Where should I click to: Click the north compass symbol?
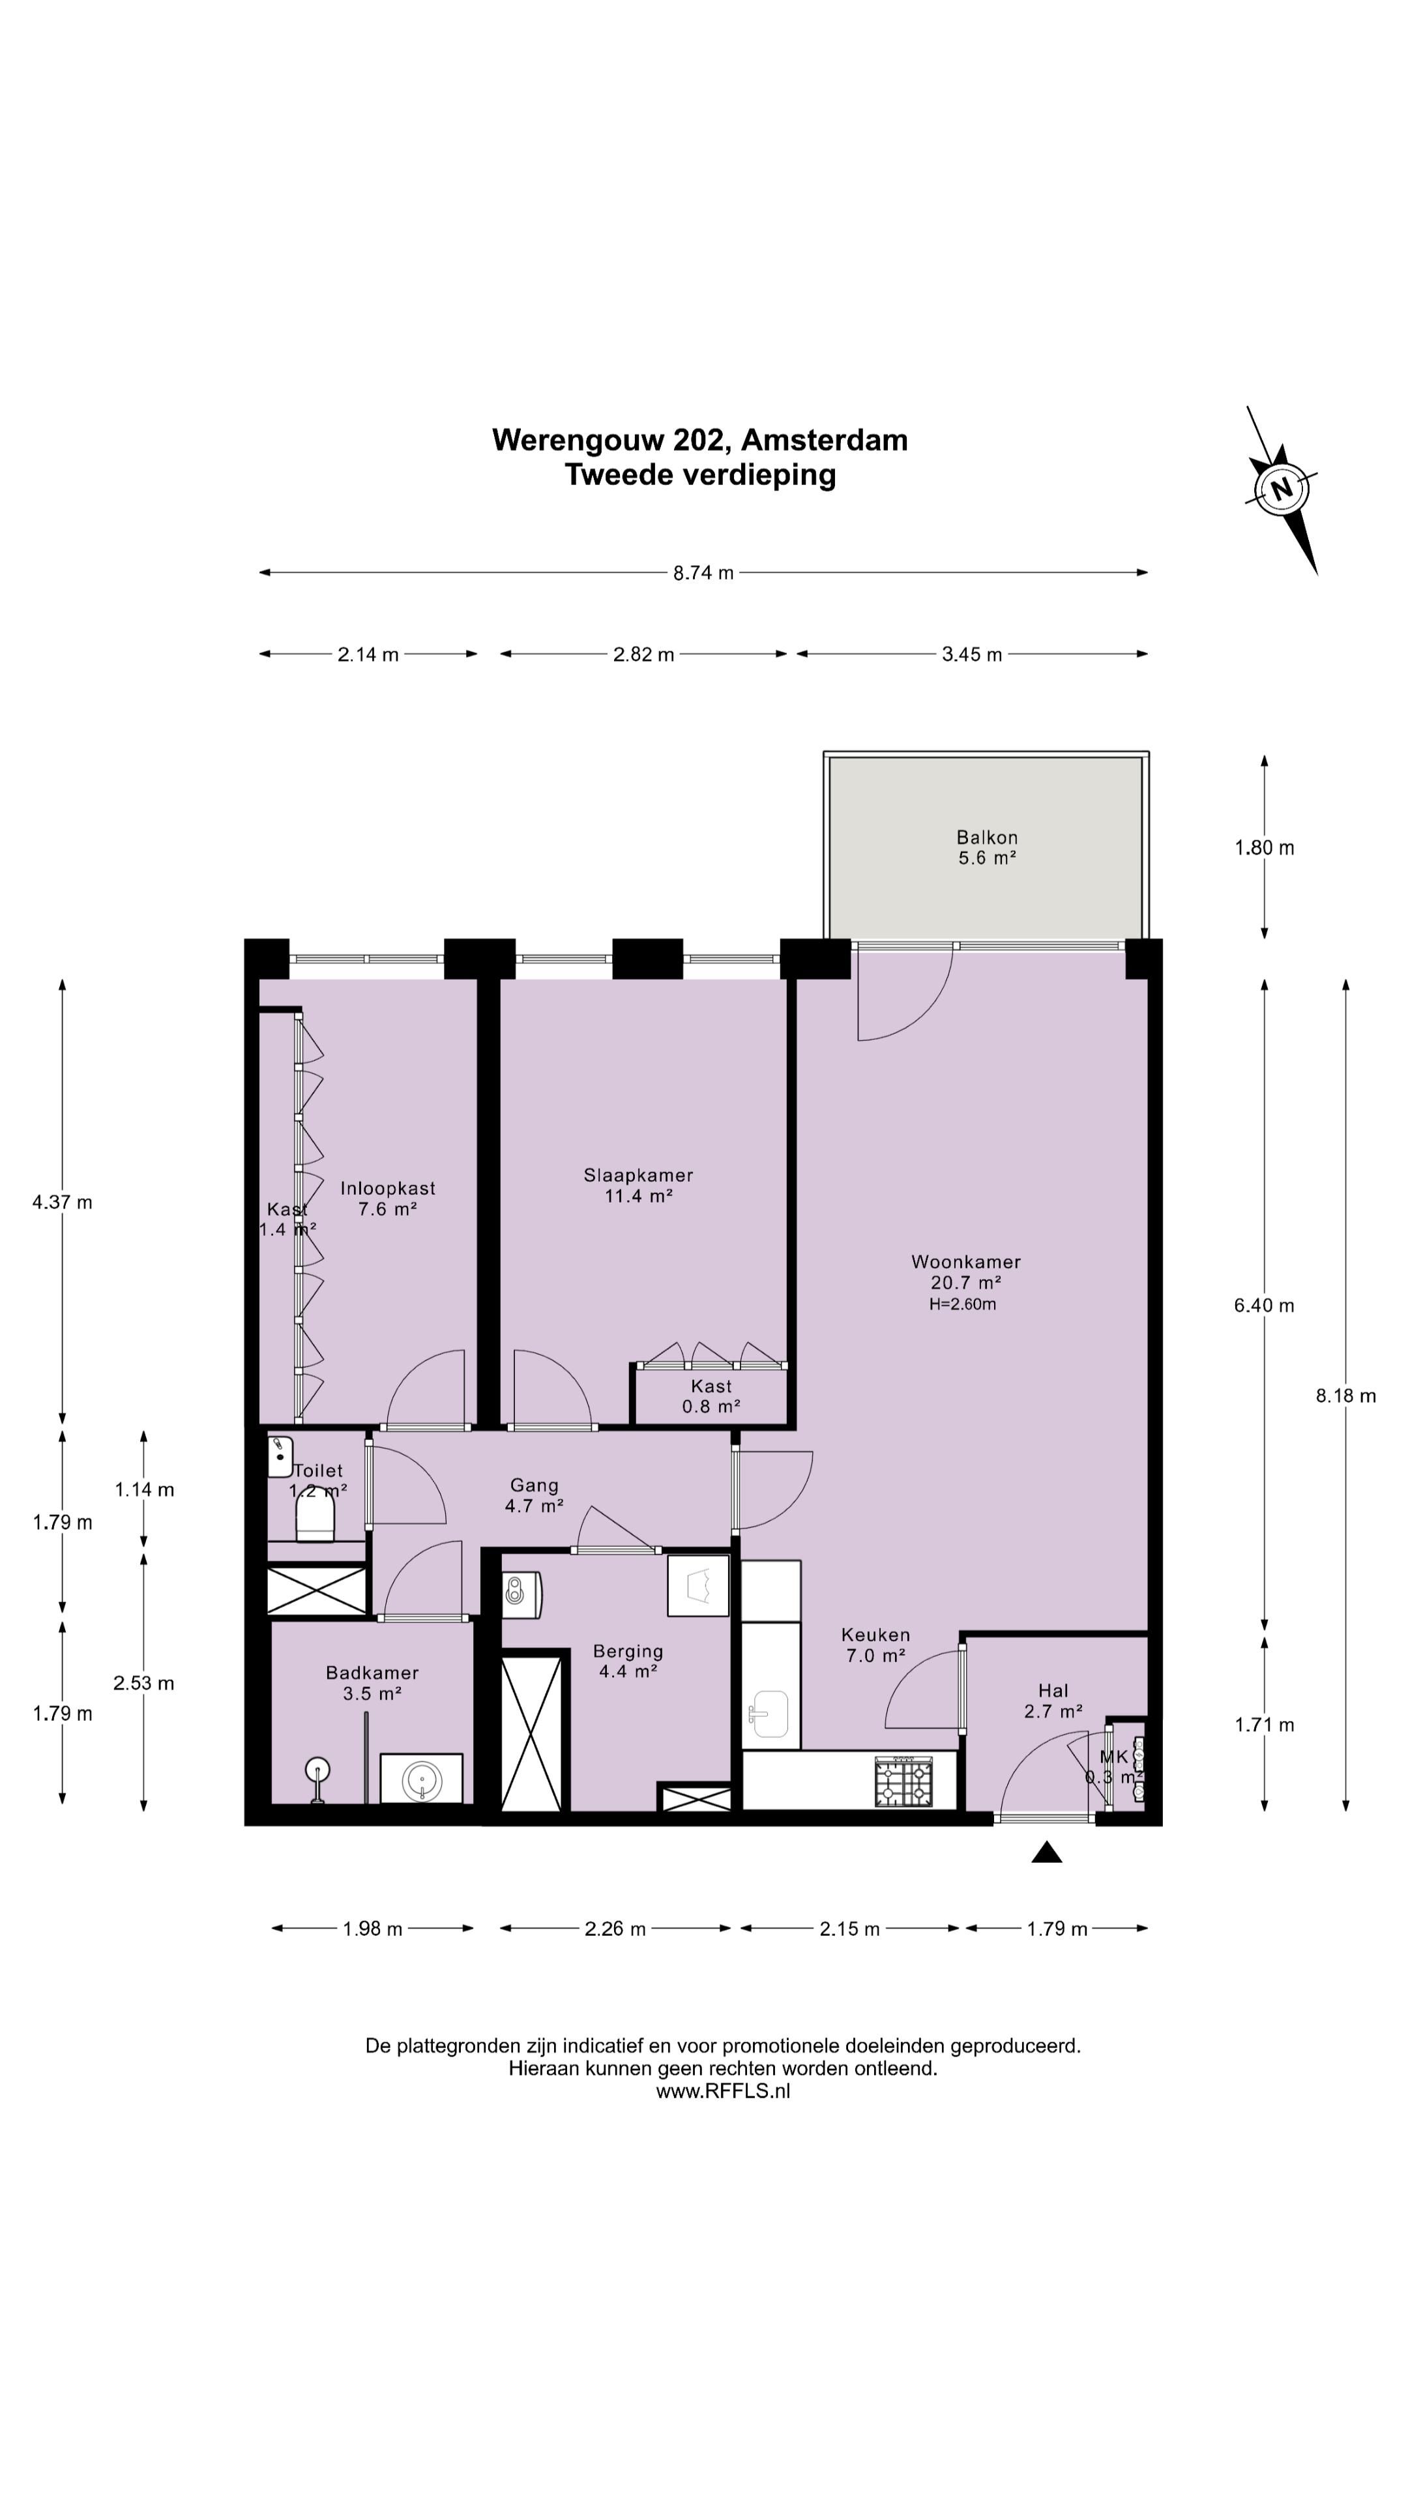[1282, 489]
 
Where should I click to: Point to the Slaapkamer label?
[638, 1176]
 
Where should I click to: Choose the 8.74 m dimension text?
[703, 574]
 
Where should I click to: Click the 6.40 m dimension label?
[1264, 1306]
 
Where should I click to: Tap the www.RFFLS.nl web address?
[723, 2092]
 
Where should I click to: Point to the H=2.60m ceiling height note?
[962, 1305]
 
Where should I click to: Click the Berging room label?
[628, 1651]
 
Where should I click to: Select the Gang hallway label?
[535, 1486]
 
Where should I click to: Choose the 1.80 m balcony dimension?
[1264, 848]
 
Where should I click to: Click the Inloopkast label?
[388, 1188]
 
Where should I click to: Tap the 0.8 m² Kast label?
[711, 1406]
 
